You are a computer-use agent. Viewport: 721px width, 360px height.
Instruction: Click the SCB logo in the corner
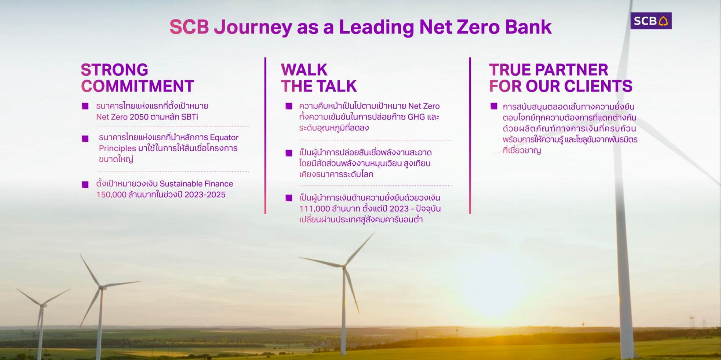click(651, 21)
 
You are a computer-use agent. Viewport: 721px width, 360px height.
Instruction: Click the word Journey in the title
click(253, 28)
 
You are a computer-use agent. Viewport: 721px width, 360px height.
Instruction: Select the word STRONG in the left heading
click(114, 70)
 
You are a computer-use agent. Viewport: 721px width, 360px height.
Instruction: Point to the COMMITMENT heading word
click(138, 86)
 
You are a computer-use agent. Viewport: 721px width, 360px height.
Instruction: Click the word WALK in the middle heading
click(304, 70)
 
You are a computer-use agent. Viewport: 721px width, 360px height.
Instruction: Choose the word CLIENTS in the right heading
click(598, 86)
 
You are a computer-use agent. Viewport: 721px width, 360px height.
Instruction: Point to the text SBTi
click(190, 117)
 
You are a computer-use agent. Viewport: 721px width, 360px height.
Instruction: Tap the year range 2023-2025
click(205, 195)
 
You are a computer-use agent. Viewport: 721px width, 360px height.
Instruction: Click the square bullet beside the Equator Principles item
click(85, 139)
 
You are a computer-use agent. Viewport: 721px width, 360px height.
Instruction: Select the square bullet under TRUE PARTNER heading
click(494, 106)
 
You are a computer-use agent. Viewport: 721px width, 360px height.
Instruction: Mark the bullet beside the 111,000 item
click(289, 198)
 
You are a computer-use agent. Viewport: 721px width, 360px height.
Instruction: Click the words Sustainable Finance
click(196, 184)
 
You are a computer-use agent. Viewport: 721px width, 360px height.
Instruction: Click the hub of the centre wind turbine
click(344, 267)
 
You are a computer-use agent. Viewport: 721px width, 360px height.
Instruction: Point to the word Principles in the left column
click(118, 148)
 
